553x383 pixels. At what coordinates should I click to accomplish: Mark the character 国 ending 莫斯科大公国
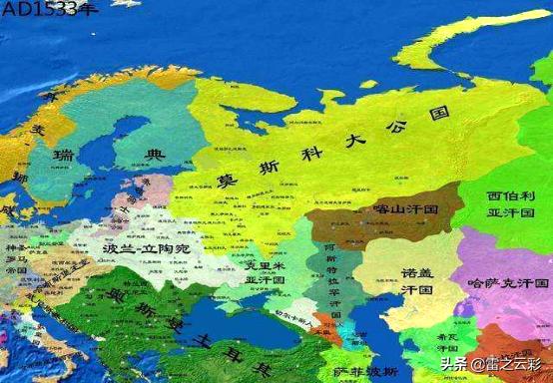click(435, 115)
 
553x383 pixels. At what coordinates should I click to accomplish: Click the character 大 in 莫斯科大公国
click(351, 141)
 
